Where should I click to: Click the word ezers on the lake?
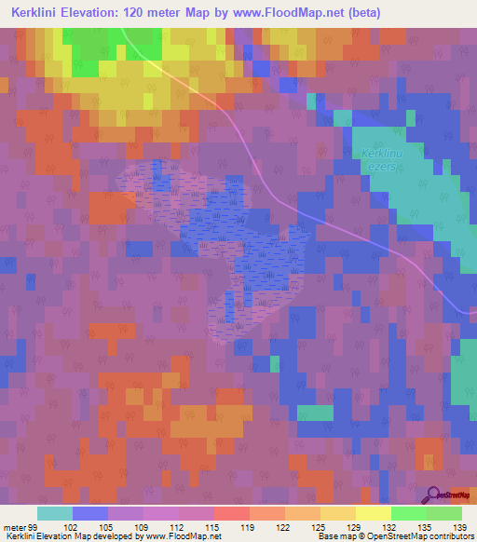[382, 165]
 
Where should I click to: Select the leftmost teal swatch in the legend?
[55, 513]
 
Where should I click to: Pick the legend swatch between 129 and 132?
[373, 513]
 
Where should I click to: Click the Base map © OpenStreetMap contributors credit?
[394, 536]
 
